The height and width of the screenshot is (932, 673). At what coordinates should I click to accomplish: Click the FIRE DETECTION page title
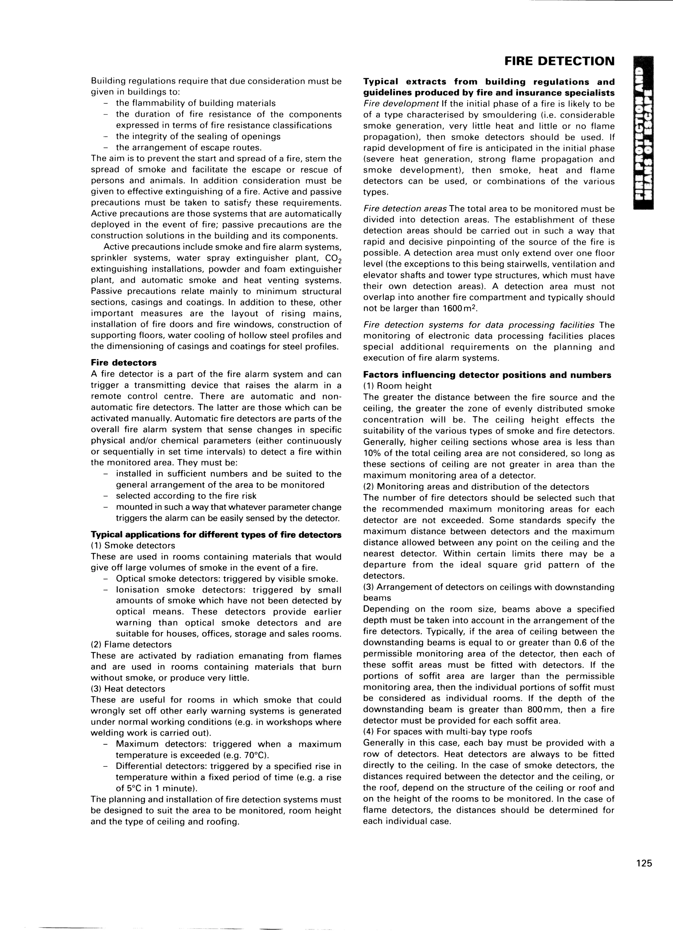click(559, 61)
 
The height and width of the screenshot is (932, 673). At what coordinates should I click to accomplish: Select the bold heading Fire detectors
click(123, 363)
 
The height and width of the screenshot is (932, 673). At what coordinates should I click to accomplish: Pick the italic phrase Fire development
click(398, 103)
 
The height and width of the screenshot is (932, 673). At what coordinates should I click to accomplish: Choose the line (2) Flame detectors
click(131, 644)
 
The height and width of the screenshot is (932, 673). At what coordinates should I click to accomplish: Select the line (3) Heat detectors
click(128, 689)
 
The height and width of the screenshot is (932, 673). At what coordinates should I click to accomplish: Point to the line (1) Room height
click(397, 386)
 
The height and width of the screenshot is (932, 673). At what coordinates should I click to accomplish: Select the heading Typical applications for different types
click(216, 534)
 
